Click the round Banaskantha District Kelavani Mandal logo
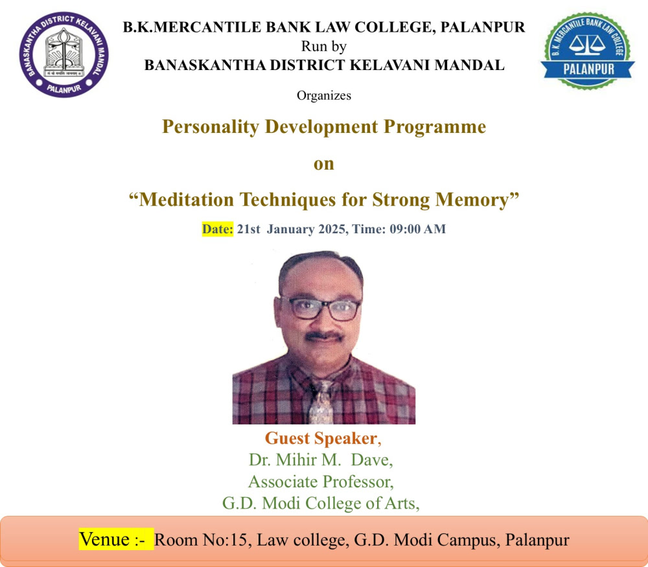point(64,54)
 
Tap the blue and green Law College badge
point(588,51)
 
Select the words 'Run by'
point(323,46)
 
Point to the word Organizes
point(324,95)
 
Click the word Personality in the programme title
point(211,127)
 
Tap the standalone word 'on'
point(323,164)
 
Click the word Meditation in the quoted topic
point(187,200)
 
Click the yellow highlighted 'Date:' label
point(218,229)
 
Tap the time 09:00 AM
point(417,229)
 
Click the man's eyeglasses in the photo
point(321,308)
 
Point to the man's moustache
point(324,336)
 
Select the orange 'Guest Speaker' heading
point(321,439)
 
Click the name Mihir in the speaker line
point(294,460)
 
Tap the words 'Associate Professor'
point(320,482)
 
